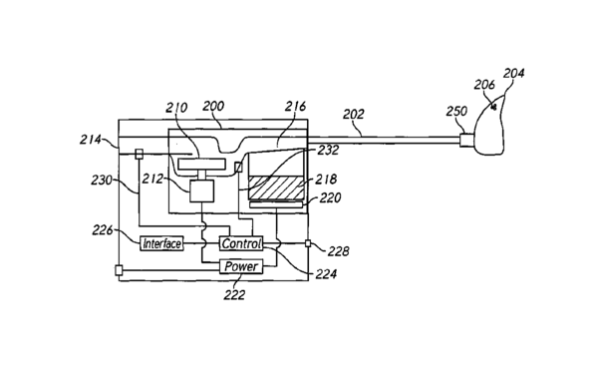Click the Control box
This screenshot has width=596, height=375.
(x=241, y=243)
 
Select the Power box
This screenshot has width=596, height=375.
(x=241, y=266)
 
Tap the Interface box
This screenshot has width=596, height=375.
(x=161, y=243)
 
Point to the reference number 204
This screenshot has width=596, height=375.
(x=514, y=73)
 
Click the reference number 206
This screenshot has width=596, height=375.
(x=484, y=85)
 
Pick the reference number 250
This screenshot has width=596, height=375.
(x=456, y=112)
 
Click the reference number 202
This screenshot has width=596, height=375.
(x=354, y=114)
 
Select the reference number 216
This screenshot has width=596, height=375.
(x=295, y=106)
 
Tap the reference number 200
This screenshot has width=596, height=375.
(x=213, y=106)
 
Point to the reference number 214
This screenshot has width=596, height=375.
(x=91, y=140)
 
